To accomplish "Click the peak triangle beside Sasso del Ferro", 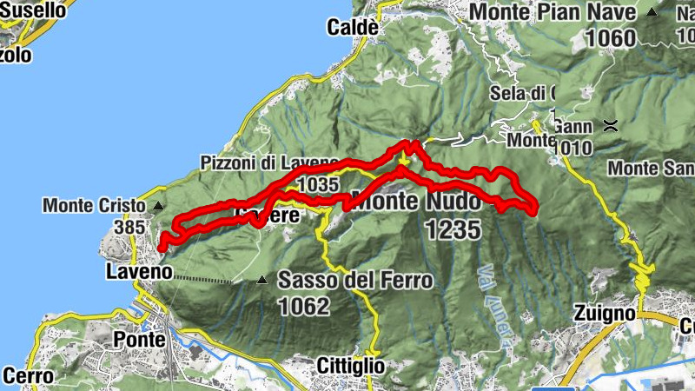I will click(262, 280).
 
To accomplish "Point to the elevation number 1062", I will click(304, 306).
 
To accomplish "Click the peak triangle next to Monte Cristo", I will click(158, 206).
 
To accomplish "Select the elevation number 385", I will click(130, 227).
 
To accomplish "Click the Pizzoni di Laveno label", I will click(269, 163).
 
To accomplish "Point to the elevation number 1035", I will click(317, 185).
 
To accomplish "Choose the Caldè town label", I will click(353, 28).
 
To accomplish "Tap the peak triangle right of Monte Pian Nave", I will click(652, 13).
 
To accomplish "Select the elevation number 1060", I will click(611, 37).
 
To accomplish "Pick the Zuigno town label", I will click(600, 313).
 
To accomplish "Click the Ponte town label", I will click(139, 339).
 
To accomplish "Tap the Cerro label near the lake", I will click(28, 376).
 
